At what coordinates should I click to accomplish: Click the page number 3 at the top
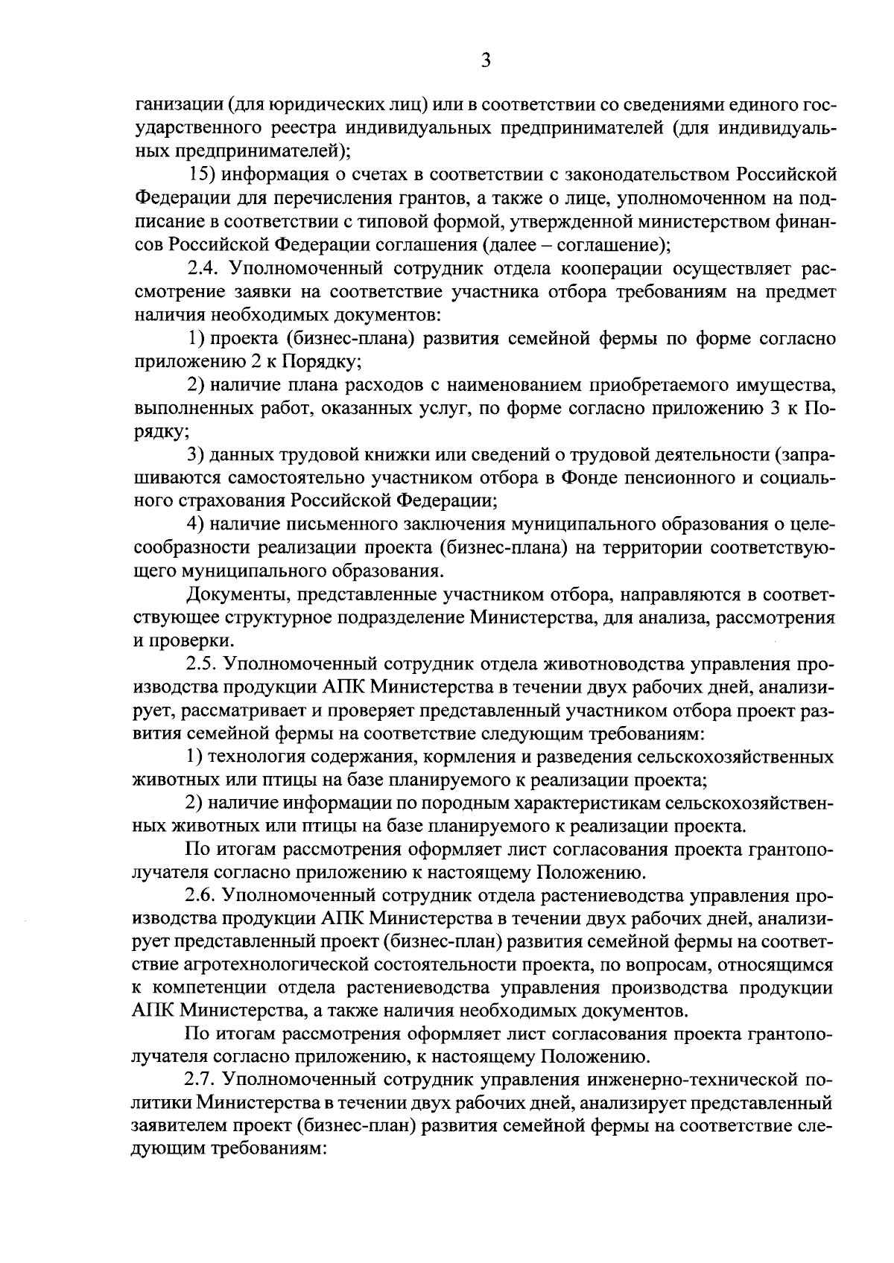coord(485,61)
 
